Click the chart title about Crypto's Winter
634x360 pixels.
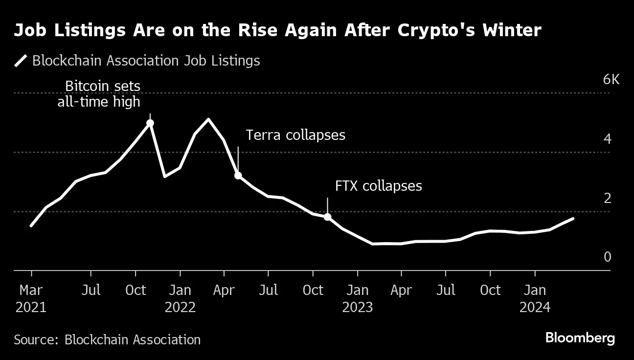tap(277, 31)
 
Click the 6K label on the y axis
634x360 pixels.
tap(611, 80)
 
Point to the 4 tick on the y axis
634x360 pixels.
tap(608, 139)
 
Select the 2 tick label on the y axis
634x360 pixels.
tap(608, 199)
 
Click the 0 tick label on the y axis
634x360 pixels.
tap(608, 257)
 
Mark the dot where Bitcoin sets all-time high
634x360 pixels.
tap(150, 123)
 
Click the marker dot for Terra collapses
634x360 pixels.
tap(238, 175)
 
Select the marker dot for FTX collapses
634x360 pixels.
tap(327, 217)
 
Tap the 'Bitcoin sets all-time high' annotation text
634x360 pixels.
tap(99, 94)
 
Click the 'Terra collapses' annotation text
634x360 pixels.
tap(295, 135)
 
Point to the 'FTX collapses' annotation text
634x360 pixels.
tap(378, 186)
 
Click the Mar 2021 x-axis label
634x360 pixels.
tap(31, 298)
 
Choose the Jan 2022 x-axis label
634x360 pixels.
tap(180, 298)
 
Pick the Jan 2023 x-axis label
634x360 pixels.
tap(358, 298)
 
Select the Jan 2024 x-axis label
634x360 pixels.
tap(535, 298)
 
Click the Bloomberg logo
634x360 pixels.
tap(580, 338)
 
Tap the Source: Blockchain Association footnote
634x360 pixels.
tap(107, 340)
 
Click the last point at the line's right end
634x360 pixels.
tap(573, 219)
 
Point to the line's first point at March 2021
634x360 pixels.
tap(31, 226)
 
